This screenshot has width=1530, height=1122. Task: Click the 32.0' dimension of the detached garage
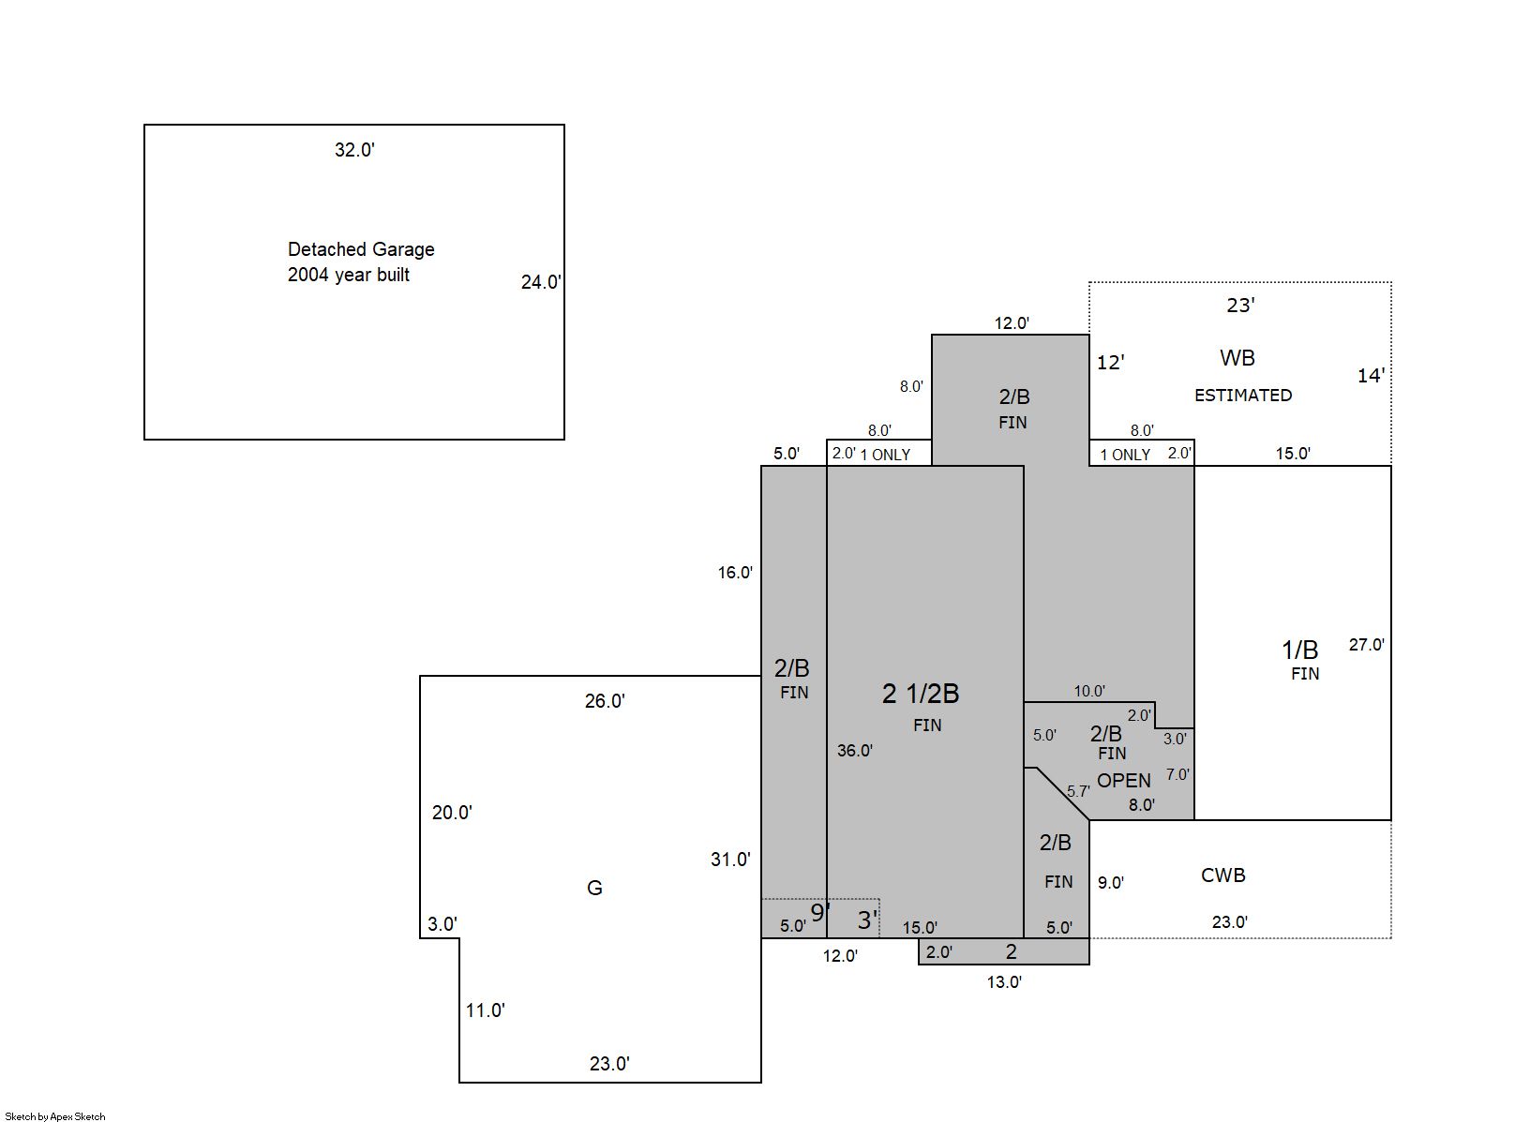pyautogui.click(x=354, y=150)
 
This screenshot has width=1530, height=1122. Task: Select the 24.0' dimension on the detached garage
pyautogui.click(x=541, y=281)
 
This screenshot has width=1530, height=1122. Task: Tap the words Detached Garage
pyautogui.click(x=361, y=249)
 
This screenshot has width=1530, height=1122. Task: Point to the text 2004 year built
pyautogui.click(x=349, y=275)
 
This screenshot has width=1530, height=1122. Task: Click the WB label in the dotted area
pyautogui.click(x=1237, y=357)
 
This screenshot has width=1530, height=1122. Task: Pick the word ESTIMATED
pyautogui.click(x=1243, y=395)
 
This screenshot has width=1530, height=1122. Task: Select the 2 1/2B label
pyautogui.click(x=920, y=693)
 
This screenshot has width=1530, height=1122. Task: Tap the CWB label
pyautogui.click(x=1222, y=875)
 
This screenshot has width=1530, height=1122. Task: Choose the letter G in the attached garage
pyautogui.click(x=594, y=887)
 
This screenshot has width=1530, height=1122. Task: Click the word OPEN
pyautogui.click(x=1123, y=780)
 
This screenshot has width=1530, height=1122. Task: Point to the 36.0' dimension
pyautogui.click(x=854, y=750)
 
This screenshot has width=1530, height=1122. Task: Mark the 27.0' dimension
pyautogui.click(x=1366, y=644)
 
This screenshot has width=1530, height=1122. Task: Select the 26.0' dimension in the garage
pyautogui.click(x=605, y=700)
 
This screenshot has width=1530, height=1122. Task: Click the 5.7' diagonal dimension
pyautogui.click(x=1078, y=791)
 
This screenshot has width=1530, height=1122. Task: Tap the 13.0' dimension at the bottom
pyautogui.click(x=1004, y=981)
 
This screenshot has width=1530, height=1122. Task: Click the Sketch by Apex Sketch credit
pyautogui.click(x=55, y=1115)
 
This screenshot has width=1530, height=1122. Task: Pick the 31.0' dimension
pyautogui.click(x=730, y=860)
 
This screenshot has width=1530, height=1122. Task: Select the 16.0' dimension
pyautogui.click(x=735, y=573)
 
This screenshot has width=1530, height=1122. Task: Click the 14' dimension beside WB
pyautogui.click(x=1371, y=375)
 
